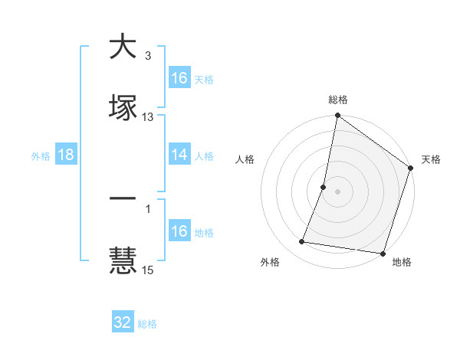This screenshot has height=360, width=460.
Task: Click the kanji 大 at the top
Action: pos(123,46)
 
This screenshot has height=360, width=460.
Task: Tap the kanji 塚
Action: pos(123,107)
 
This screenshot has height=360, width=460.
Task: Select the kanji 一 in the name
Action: pos(123,198)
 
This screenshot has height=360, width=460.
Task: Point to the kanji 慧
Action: pos(123,259)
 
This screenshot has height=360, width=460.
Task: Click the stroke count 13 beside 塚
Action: pos(148,117)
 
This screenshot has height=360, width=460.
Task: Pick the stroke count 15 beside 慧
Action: pos(148,269)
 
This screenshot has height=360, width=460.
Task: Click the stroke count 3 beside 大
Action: pos(148,56)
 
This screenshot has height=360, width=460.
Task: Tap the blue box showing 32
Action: pos(123,322)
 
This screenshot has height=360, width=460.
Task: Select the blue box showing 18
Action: pos(66,155)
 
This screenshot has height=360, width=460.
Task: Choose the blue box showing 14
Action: pos(179,155)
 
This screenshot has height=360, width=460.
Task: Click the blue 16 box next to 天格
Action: pos(179,78)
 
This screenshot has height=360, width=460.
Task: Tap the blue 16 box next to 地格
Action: pos(179,231)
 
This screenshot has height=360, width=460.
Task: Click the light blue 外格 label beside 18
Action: pos(41,155)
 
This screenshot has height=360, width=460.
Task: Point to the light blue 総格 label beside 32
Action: pos(147,323)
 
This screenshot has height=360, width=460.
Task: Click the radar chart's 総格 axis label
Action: pos(337,100)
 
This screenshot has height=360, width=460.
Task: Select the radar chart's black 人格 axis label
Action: pos(245,159)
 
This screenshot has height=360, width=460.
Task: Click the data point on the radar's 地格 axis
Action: pos(383,253)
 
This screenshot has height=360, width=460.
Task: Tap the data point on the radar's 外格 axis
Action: pos(302,242)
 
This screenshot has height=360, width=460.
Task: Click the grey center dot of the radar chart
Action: pos(337,191)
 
